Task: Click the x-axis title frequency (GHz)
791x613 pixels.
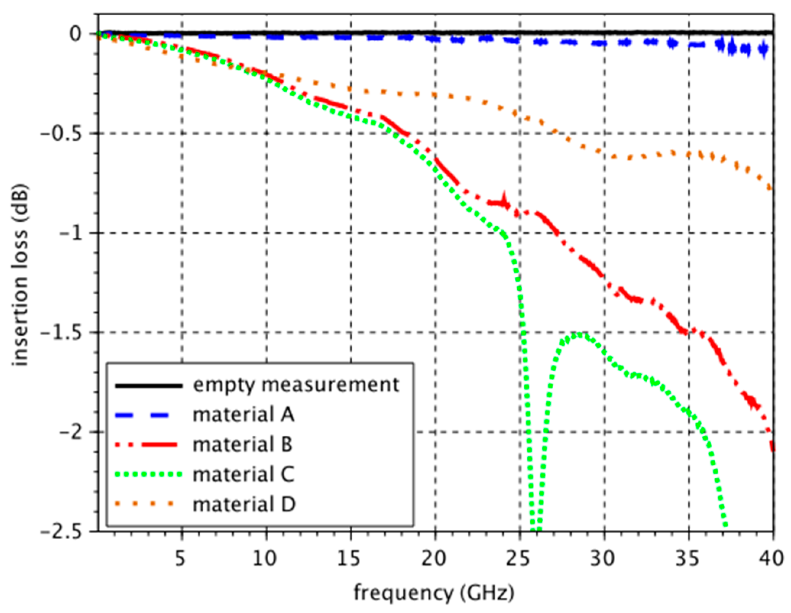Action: tap(434, 594)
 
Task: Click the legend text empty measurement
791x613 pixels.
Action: tap(296, 385)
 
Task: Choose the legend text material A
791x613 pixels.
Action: tap(243, 415)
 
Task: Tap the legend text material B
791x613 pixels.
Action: tap(243, 445)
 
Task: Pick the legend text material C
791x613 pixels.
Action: tap(243, 475)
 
